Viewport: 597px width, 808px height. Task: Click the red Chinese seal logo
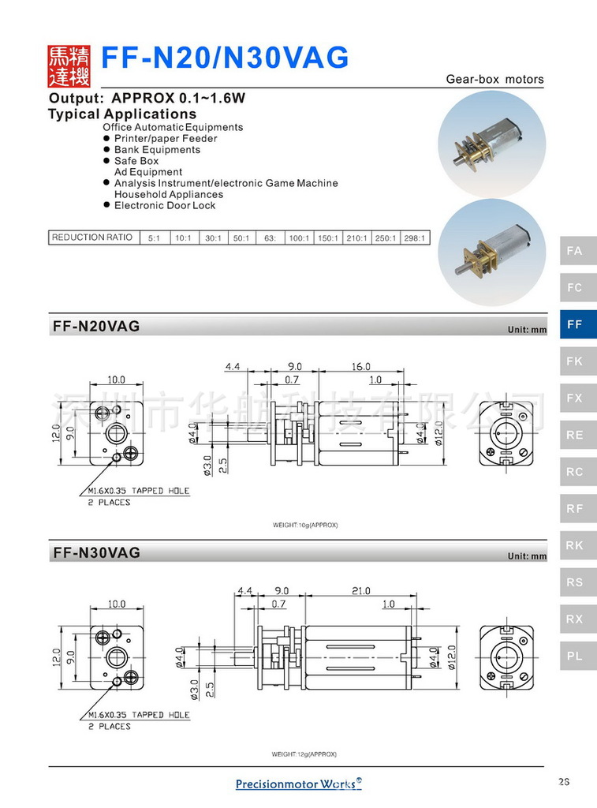click(69, 65)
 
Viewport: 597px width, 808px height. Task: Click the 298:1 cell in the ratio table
click(415, 238)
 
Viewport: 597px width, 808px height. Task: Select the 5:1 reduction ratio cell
click(153, 238)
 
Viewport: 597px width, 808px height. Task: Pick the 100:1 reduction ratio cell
click(299, 238)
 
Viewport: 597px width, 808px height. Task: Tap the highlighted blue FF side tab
click(577, 324)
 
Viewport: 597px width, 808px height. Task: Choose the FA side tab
click(577, 251)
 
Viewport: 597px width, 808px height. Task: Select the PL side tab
click(577, 656)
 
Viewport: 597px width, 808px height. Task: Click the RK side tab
click(577, 545)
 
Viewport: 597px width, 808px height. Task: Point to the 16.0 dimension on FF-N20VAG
click(361, 367)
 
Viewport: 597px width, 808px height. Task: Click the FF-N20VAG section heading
click(96, 326)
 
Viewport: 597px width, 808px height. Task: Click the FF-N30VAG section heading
click(96, 553)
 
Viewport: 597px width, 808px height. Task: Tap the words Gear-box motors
click(494, 79)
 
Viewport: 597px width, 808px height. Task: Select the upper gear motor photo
click(491, 143)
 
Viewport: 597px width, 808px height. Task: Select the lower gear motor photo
click(491, 252)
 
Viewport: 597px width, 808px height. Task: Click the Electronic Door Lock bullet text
click(165, 205)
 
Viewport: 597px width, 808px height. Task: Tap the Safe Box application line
click(136, 161)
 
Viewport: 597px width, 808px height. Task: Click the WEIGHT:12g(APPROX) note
click(304, 754)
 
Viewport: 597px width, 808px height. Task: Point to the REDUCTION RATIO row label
click(92, 238)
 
